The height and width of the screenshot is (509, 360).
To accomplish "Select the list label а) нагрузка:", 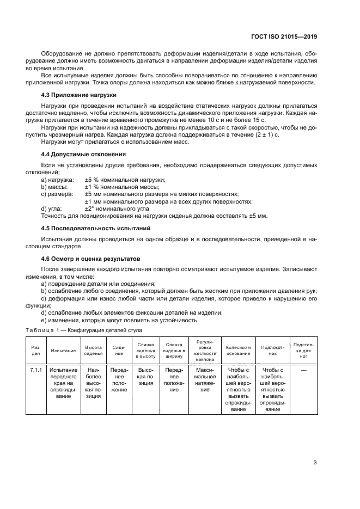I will pos(57,179).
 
